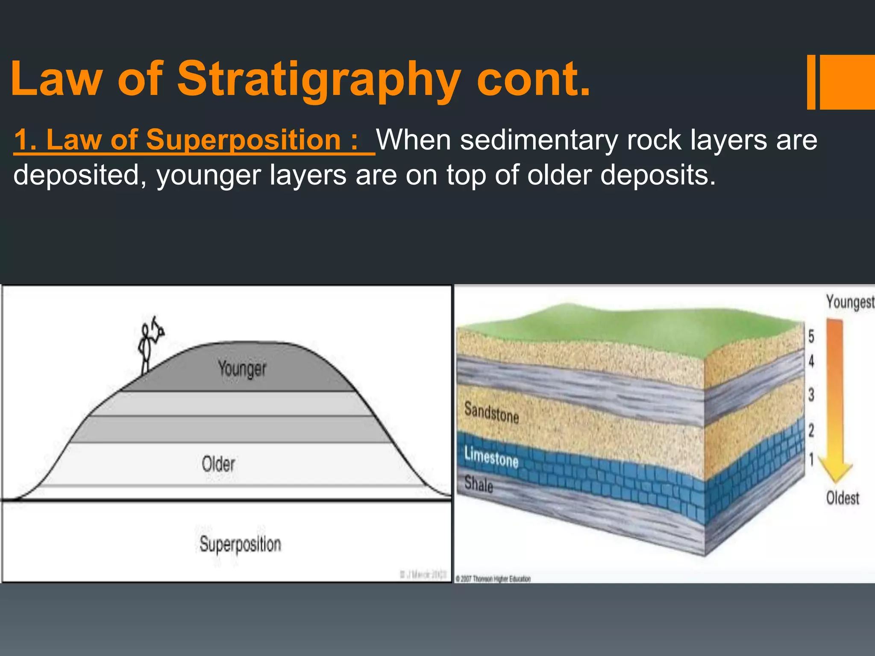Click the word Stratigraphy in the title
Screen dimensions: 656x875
pos(318,80)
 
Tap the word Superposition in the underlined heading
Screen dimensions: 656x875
pos(243,140)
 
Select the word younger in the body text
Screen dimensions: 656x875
pos(208,176)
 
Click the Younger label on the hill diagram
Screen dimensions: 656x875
pos(242,369)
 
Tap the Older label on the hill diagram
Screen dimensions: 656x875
pos(218,464)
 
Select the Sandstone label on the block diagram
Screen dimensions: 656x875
pos(491,413)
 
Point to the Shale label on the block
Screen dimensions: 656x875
pos(479,484)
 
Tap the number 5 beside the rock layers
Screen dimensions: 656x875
pos(811,337)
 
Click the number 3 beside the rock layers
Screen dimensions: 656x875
pos(811,395)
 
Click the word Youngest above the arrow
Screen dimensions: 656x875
pos(849,302)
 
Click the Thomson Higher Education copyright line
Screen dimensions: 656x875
pos(493,579)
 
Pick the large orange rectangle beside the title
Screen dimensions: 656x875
pos(847,82)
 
